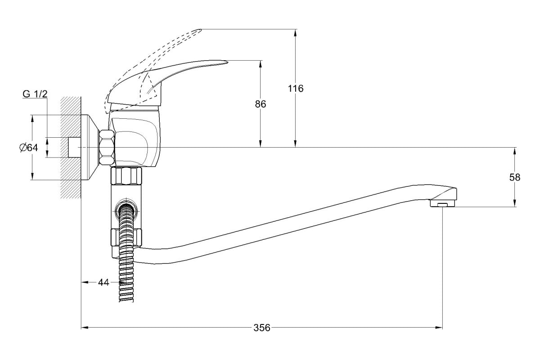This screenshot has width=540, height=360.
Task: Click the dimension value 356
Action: (262, 328)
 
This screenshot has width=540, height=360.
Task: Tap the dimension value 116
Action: (296, 89)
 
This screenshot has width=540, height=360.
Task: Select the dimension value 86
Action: (261, 104)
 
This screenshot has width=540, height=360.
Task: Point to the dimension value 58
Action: (515, 177)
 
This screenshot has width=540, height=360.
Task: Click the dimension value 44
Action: (103, 282)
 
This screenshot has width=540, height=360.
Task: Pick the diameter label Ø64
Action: (28, 148)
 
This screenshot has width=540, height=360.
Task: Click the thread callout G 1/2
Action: (35, 94)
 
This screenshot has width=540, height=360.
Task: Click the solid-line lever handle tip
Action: (227, 62)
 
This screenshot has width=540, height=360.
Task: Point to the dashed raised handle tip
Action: (200, 31)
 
